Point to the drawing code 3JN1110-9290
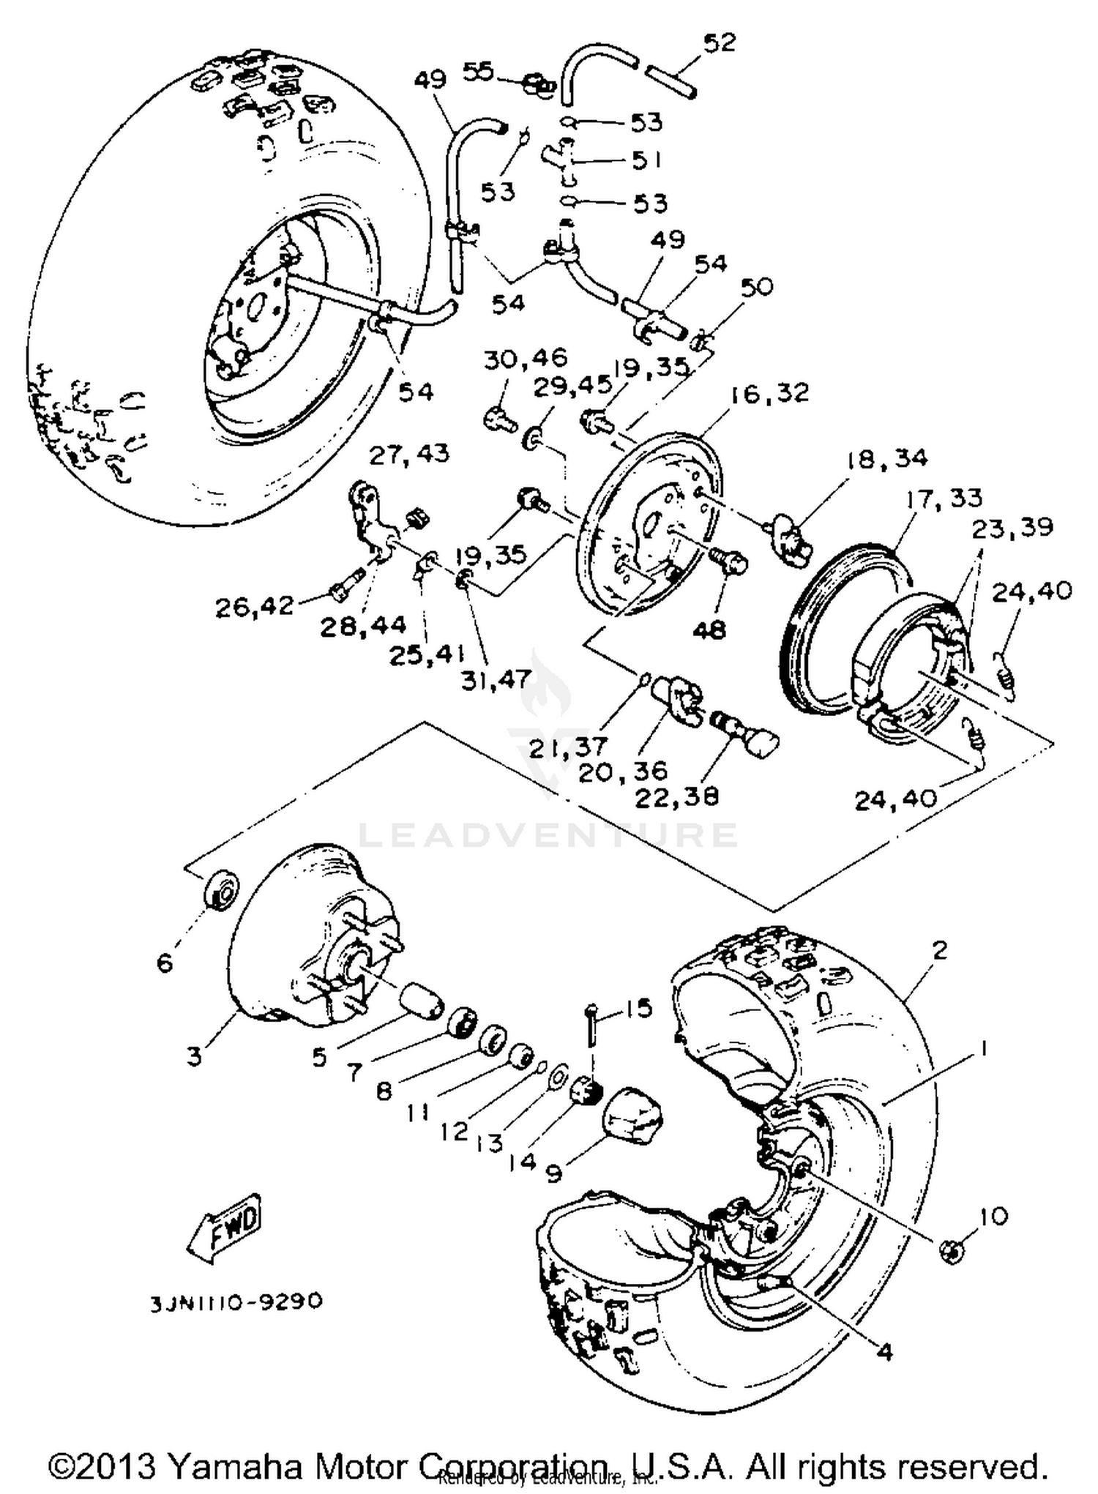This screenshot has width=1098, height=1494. pos(236,1302)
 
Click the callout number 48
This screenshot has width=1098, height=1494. pos(708,629)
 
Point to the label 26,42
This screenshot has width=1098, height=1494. pos(254,606)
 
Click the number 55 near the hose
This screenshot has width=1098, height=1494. pos(479,72)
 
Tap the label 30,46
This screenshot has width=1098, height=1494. pos(525,358)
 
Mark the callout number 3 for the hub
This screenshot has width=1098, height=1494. pos(193,1057)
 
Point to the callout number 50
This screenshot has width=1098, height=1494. pos(756,286)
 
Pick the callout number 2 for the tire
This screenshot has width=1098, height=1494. pos(940,950)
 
